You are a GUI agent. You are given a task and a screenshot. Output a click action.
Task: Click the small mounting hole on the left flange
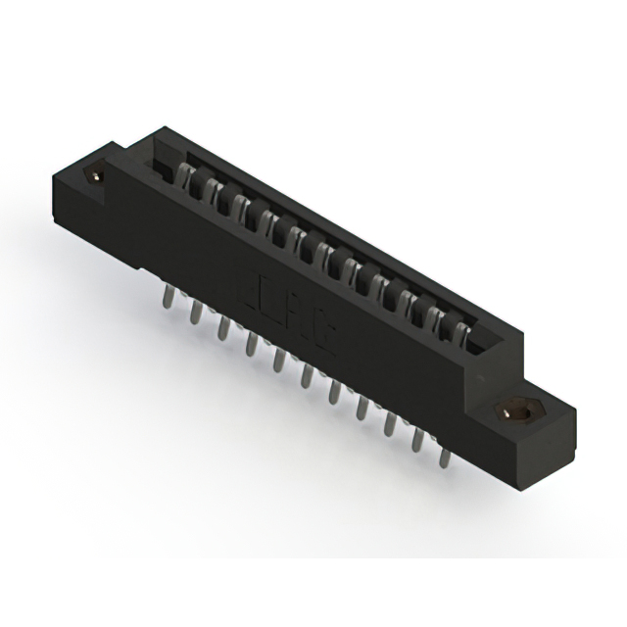[x=97, y=175]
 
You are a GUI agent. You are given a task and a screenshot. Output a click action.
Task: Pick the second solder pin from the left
[x=195, y=313]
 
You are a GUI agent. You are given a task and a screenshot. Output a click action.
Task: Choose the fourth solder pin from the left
[x=251, y=343]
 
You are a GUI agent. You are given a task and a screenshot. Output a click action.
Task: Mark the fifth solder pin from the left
[x=278, y=359]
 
